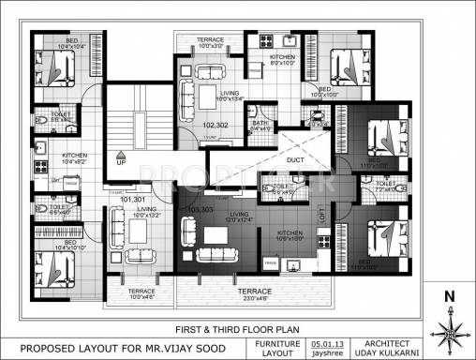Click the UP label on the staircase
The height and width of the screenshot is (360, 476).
click(x=121, y=161)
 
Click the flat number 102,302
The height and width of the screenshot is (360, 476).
click(x=215, y=125)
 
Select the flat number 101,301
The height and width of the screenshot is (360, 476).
click(x=133, y=200)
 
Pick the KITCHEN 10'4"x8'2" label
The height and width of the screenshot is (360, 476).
click(x=75, y=158)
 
